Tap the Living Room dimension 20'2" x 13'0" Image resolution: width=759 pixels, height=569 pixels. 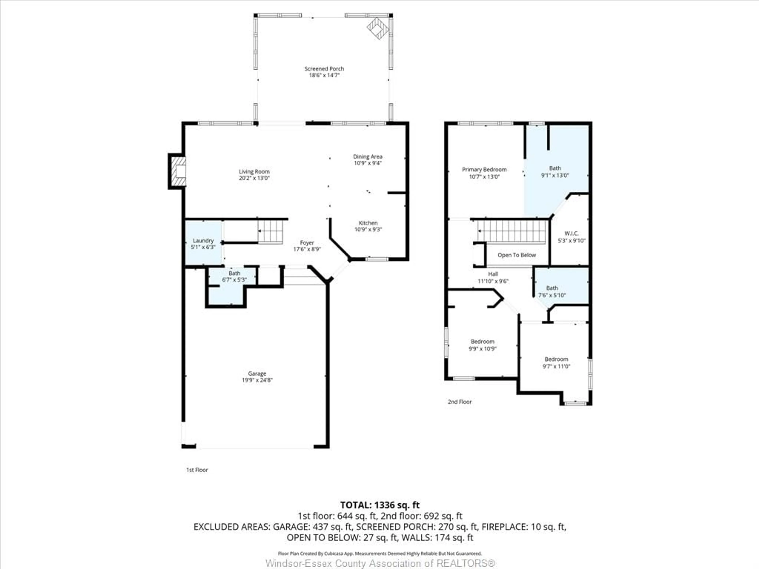coord(254,178)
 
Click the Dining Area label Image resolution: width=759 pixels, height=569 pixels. coord(367,156)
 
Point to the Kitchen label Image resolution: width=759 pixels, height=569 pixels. coord(368,223)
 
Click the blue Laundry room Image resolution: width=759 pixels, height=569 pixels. coord(203,244)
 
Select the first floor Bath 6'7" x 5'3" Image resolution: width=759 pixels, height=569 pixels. coord(234,276)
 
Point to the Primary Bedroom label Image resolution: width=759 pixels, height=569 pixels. coord(484,170)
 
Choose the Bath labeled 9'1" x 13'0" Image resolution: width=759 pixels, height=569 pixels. coord(555,171)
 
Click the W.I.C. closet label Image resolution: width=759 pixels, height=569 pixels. coord(571,234)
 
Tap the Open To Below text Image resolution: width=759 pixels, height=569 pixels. coord(516,255)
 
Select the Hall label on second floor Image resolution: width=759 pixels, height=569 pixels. coord(493,274)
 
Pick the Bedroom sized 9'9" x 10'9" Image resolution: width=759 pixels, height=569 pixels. coord(482,345)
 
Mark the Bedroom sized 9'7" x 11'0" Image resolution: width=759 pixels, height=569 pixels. coord(556,363)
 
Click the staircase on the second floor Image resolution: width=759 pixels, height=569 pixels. coord(511,232)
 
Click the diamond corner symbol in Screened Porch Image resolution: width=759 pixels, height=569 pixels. coord(378,28)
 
